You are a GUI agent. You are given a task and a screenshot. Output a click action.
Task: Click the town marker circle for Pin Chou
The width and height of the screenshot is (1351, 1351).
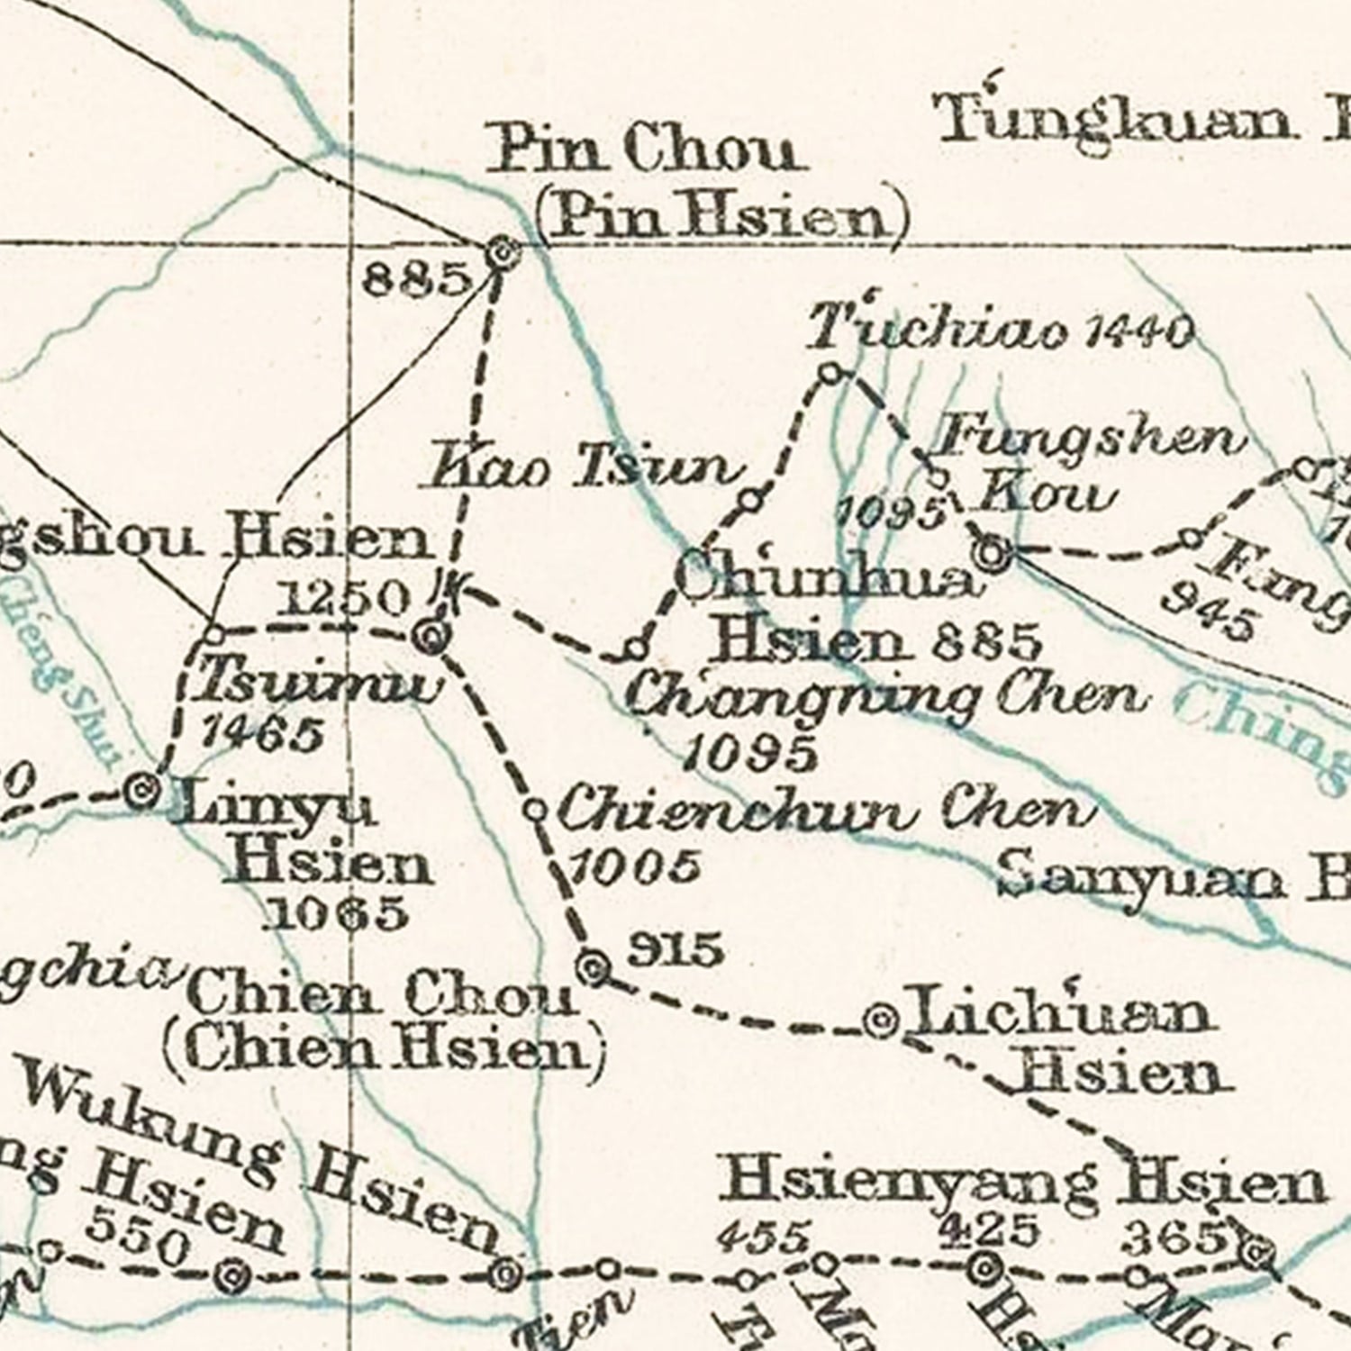coord(502,253)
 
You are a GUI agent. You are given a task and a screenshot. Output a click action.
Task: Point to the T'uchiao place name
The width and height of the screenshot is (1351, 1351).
coord(937,329)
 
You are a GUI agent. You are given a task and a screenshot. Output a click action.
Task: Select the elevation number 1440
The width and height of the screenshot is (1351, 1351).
coord(1139,333)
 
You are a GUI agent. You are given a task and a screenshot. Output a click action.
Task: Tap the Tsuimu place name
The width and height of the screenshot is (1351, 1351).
coord(320,683)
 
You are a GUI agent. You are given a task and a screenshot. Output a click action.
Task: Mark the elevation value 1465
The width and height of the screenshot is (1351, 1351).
coord(261,735)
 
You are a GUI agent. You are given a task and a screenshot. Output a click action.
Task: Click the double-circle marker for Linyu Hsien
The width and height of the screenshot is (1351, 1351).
coord(142,793)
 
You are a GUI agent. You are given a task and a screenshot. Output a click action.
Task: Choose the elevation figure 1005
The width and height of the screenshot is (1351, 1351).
coord(635,866)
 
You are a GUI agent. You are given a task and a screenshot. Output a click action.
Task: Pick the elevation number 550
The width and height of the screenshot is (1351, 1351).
coord(141,1243)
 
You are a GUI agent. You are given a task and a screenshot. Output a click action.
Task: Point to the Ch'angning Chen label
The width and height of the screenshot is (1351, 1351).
coord(887,698)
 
